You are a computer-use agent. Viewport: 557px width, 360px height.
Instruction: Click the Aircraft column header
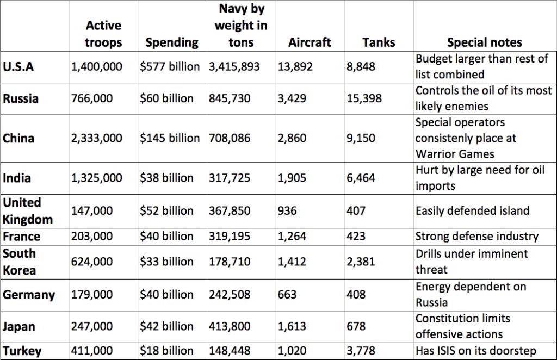click(x=310, y=42)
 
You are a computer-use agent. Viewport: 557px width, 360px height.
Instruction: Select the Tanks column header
click(x=378, y=42)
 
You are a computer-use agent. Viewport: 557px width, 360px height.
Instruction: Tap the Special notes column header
click(x=484, y=42)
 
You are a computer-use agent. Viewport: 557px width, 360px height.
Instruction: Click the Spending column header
click(x=171, y=42)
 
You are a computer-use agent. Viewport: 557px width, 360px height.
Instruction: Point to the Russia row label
click(x=20, y=99)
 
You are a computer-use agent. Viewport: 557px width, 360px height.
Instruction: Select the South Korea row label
click(x=20, y=262)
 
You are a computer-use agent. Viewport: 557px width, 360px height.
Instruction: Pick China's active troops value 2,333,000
click(x=97, y=138)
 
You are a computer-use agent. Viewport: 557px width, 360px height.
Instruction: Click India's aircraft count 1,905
click(x=292, y=178)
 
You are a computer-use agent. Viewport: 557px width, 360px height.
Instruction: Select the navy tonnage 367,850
click(x=230, y=210)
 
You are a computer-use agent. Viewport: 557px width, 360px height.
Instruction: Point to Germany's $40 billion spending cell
click(x=166, y=295)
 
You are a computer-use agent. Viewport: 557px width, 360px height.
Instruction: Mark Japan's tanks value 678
click(x=356, y=327)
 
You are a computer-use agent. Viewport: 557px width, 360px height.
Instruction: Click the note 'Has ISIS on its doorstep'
click(x=475, y=351)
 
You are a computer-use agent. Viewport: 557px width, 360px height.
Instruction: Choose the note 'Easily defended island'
click(x=472, y=210)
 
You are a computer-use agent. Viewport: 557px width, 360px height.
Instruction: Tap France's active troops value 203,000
click(x=92, y=237)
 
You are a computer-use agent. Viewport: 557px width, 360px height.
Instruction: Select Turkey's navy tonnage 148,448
click(x=230, y=351)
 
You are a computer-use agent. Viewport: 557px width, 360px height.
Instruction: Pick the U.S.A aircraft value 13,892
click(x=295, y=67)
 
